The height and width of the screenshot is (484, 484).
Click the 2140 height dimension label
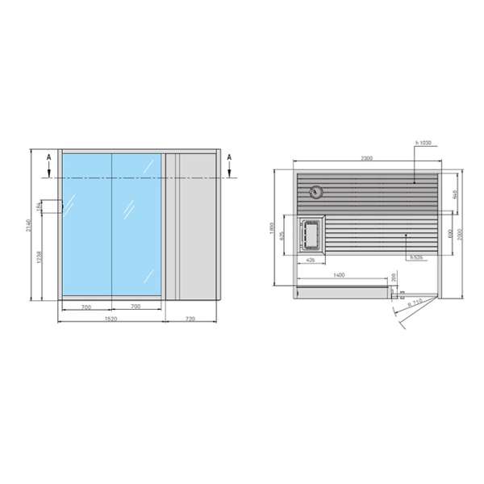27,227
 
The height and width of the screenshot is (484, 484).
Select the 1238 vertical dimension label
40,259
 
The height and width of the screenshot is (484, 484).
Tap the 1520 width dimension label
111,320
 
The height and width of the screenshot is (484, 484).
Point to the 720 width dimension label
191,320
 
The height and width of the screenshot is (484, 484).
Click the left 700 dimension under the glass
85,307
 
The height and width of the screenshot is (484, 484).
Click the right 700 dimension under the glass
136,307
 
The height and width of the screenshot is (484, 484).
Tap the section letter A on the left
49,156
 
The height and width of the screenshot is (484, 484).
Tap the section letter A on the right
229,156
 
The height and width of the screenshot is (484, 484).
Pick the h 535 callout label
416,257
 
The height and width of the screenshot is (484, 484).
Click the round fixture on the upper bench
316,192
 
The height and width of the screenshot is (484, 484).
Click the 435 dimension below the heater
311,261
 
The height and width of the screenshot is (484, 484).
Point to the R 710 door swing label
415,303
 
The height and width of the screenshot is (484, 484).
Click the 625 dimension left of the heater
283,236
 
